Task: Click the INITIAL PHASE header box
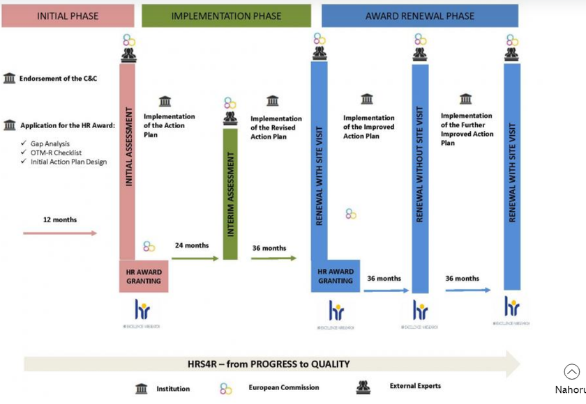pos(68,15)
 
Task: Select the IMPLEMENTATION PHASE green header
pos(226,15)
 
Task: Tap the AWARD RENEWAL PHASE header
pos(419,15)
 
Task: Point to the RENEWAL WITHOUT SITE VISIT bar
pos(420,174)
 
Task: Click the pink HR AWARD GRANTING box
pos(144,277)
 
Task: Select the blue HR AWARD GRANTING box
pos(336,277)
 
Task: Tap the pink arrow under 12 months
pos(60,233)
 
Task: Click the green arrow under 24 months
pos(195,258)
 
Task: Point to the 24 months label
pos(192,245)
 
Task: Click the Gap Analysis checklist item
pos(50,143)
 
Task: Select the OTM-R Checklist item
pos(56,153)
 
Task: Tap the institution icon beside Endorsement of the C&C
pos(9,78)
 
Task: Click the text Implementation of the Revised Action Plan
pos(276,127)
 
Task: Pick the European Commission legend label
pos(284,387)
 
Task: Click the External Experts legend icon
pos(363,387)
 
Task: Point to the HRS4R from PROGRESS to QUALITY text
pos(269,364)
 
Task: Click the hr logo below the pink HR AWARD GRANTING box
pos(142,310)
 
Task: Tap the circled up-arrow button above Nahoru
pos(571,372)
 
